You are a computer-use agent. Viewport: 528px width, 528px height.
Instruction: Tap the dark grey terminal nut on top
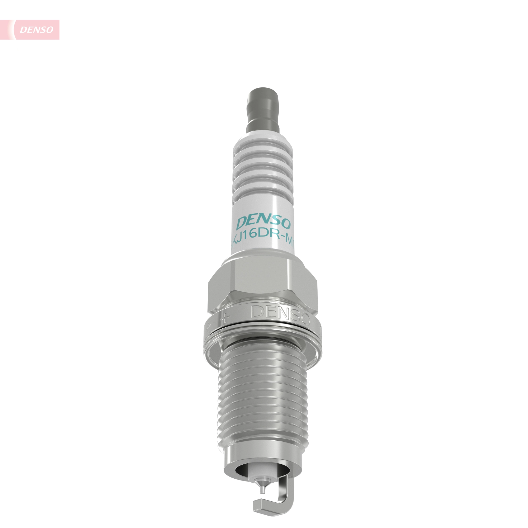point(263,109)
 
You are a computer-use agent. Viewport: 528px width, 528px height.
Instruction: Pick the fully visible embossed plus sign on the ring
point(225,318)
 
